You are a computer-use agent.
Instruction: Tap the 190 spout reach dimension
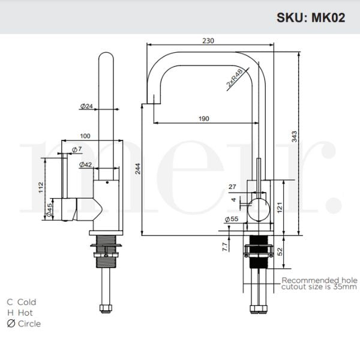coord(203,118)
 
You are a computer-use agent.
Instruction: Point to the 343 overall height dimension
coord(294,138)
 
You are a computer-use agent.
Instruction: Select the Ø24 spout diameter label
coord(86,106)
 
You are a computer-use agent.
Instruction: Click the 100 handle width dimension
coord(85,136)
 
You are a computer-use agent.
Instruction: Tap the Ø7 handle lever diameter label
coord(76,149)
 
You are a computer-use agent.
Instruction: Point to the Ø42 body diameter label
coord(85,164)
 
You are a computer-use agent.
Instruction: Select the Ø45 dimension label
coord(49,209)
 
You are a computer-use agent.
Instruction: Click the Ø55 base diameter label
coord(231,220)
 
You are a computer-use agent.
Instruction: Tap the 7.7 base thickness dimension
coord(224,246)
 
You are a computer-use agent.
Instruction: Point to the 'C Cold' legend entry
coord(22,302)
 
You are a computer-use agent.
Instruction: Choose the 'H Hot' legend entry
coord(20,313)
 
